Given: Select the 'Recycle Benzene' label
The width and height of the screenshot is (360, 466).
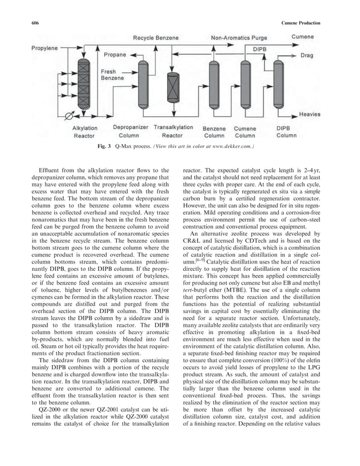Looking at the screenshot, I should (156, 38).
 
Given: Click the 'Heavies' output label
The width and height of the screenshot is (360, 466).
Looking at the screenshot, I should (310, 114).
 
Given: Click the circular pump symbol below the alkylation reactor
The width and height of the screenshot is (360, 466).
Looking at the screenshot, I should (70, 117).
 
